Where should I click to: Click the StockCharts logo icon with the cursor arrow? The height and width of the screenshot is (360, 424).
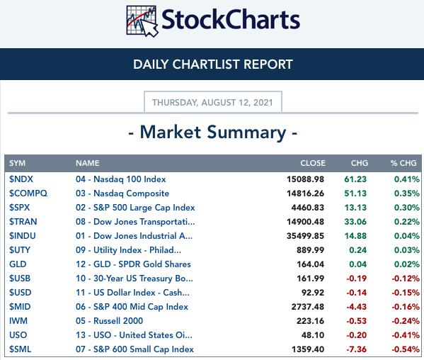pyautogui.click(x=142, y=21)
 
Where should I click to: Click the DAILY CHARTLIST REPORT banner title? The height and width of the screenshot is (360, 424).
pyautogui.click(x=213, y=64)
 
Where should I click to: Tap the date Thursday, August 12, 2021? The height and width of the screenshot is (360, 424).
pyautogui.click(x=212, y=103)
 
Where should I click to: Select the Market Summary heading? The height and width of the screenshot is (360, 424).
pyautogui.click(x=213, y=133)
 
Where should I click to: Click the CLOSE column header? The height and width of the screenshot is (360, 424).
pyautogui.click(x=313, y=163)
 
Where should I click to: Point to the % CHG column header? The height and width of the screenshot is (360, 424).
pyautogui.click(x=403, y=163)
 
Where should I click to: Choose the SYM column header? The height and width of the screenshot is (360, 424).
pyautogui.click(x=17, y=163)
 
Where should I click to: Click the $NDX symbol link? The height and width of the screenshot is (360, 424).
pyautogui.click(x=21, y=179)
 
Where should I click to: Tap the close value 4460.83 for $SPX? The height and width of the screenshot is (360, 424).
pyautogui.click(x=307, y=208)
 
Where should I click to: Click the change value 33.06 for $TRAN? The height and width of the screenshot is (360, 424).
pyautogui.click(x=355, y=222)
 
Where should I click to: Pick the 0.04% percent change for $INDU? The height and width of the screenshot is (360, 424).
pyautogui.click(x=407, y=236)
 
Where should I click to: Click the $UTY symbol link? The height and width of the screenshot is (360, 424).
pyautogui.click(x=20, y=250)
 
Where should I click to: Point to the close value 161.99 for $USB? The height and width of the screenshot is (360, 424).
pyautogui.click(x=310, y=279)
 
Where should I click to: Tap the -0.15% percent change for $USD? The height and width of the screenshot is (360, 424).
pyautogui.click(x=406, y=293)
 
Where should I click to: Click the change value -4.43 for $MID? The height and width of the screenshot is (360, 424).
pyautogui.click(x=356, y=307)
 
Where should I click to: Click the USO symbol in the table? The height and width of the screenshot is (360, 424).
pyautogui.click(x=18, y=335)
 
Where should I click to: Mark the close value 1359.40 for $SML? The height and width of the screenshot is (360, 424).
pyautogui.click(x=308, y=349)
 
